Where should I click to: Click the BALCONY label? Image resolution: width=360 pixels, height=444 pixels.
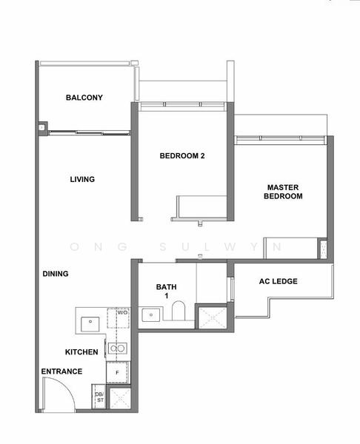[84, 98]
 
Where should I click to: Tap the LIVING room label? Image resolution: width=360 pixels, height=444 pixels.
[82, 179]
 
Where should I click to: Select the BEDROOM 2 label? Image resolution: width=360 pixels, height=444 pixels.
[182, 155]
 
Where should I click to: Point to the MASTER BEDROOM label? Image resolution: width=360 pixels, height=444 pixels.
[283, 192]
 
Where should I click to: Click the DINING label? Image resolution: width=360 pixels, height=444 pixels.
[56, 274]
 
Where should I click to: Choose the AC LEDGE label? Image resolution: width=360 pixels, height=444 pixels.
[279, 281]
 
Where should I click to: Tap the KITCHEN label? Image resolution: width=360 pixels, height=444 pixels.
[81, 352]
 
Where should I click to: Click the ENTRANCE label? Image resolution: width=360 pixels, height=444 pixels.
[61, 371]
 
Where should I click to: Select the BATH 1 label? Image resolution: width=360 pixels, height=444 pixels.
[167, 291]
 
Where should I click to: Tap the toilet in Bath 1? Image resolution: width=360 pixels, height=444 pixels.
[179, 310]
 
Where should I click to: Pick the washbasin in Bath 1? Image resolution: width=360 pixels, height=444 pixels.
[151, 315]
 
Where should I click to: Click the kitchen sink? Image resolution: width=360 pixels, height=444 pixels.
[90, 324]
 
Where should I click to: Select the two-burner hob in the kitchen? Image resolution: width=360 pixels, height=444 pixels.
[118, 348]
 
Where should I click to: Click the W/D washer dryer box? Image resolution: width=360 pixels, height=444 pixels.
[119, 318]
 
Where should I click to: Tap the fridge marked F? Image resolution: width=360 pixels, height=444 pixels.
[118, 372]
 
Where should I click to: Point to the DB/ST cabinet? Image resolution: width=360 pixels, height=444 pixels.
[99, 397]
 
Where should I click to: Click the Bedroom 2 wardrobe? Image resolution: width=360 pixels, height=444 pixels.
[201, 206]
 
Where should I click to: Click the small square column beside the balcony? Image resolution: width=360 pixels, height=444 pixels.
[42, 127]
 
